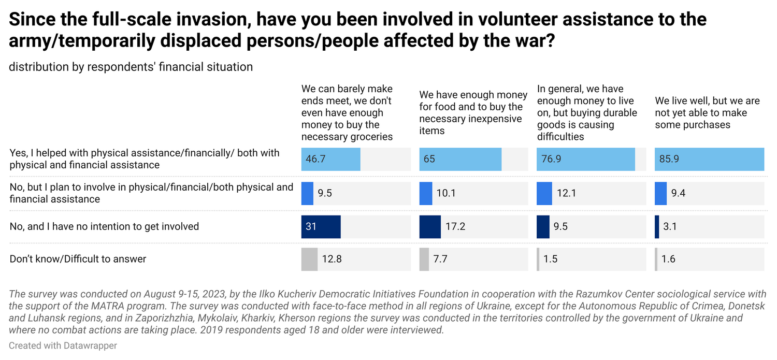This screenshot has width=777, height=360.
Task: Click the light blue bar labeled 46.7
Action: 330,159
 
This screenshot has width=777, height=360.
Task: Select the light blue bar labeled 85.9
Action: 709,159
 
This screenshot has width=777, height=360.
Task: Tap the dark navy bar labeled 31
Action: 321,227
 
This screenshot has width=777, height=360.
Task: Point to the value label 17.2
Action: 455,227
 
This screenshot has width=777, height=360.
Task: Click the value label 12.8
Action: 332,259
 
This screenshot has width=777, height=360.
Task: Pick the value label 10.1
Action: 445,193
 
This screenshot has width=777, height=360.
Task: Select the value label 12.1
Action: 567,193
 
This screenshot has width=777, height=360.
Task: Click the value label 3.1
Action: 670,227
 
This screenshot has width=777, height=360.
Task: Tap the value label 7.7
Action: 440,259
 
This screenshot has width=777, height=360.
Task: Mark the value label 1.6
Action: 668,259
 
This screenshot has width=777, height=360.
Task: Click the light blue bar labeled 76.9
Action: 586,159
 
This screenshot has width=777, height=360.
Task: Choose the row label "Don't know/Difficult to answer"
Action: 78,259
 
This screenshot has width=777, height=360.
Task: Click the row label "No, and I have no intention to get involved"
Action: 104,227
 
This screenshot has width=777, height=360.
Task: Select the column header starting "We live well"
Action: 707,113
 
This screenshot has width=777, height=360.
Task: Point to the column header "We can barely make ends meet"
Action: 347,113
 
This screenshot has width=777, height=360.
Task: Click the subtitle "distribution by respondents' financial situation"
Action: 131,67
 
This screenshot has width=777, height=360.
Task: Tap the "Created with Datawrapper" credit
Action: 63,346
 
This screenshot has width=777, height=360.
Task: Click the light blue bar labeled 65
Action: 461,159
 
